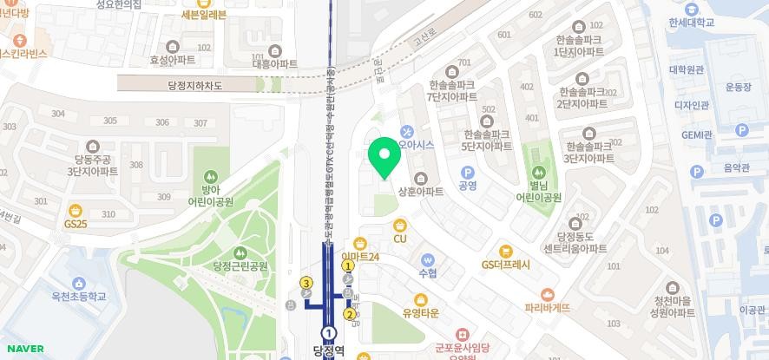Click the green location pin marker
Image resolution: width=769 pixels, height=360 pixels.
pos(383,157)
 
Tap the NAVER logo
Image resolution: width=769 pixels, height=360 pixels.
pos(23,349)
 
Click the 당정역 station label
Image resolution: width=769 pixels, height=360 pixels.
pos(329,351)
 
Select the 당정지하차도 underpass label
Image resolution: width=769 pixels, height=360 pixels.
pos(184,85)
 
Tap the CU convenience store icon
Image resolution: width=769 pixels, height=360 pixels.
pos(400,226)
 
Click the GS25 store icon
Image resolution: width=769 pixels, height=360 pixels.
pos(76,211)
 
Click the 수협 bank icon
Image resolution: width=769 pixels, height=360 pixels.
pos(427,260)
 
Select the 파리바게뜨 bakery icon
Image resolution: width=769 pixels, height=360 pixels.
pos(547,295)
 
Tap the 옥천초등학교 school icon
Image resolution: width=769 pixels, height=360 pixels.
pos(79,284)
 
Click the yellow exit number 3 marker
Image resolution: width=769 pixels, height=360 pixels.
pos(306,283)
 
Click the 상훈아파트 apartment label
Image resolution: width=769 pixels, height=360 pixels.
pos(420,191)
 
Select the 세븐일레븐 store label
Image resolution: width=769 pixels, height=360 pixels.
pos(203,15)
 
